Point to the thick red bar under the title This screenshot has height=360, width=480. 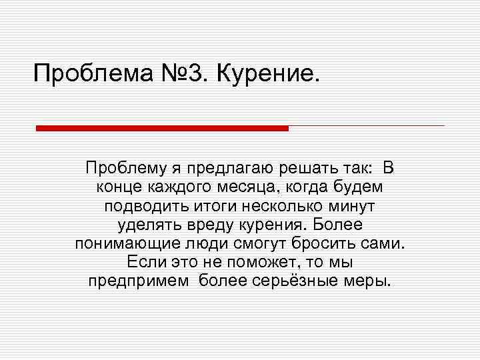tap(162, 127)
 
